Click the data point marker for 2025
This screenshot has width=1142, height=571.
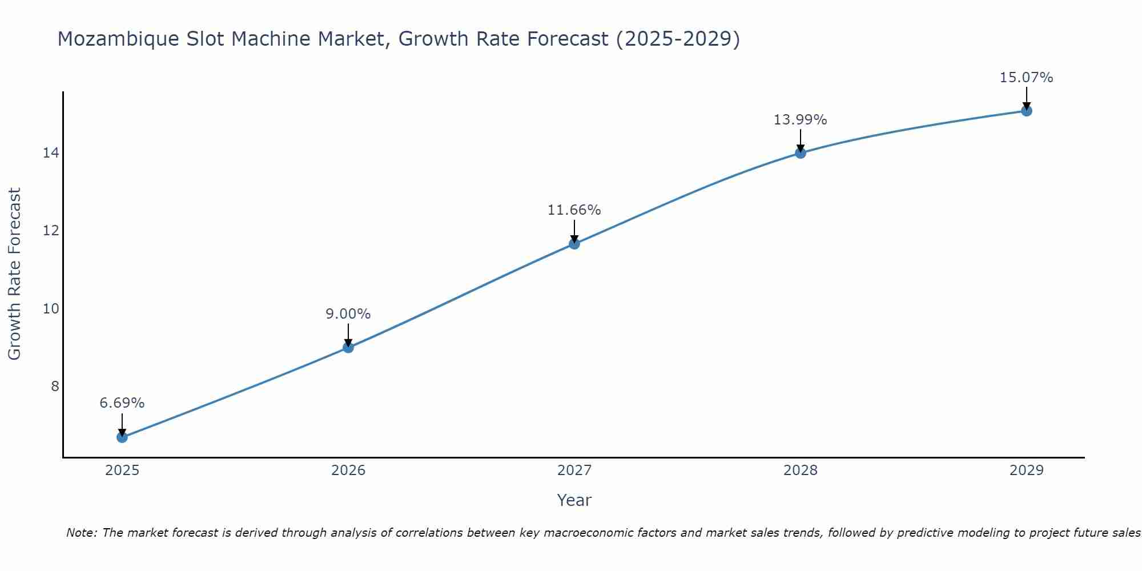pyautogui.click(x=122, y=437)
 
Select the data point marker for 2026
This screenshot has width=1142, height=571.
pyautogui.click(x=348, y=347)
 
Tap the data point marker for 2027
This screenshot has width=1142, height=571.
pyautogui.click(x=574, y=244)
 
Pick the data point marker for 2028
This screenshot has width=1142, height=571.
pyautogui.click(x=801, y=152)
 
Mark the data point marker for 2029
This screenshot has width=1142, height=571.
pyautogui.click(x=1027, y=111)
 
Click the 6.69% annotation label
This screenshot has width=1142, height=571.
pyautogui.click(x=122, y=403)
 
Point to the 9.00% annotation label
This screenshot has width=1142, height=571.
pyautogui.click(x=348, y=314)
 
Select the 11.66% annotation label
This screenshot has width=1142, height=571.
pyautogui.click(x=574, y=210)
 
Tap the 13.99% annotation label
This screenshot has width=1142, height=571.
pyautogui.click(x=801, y=120)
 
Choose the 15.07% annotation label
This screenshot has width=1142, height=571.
pyautogui.click(x=1027, y=78)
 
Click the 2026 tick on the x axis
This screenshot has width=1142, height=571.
pyautogui.click(x=348, y=471)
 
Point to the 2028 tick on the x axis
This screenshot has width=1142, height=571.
pyautogui.click(x=801, y=471)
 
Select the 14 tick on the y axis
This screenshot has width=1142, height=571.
pyautogui.click(x=51, y=153)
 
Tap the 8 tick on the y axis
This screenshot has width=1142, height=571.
pyautogui.click(x=55, y=387)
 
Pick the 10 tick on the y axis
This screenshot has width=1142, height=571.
pyautogui.click(x=51, y=309)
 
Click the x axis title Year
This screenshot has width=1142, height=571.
pyautogui.click(x=574, y=500)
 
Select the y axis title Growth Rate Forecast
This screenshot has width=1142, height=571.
pyautogui.click(x=14, y=274)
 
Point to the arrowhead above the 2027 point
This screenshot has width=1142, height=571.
pyautogui.click(x=574, y=239)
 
